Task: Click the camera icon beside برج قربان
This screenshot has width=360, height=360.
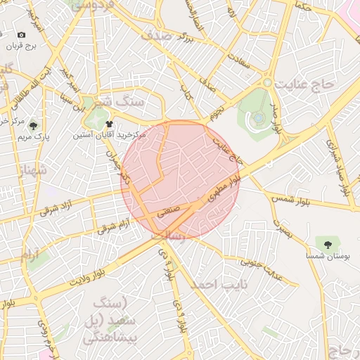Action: (21, 34)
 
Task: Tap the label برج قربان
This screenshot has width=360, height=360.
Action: (21, 46)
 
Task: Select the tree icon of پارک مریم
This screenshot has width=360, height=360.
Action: (34, 125)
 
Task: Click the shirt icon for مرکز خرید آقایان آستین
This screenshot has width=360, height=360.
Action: (108, 124)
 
